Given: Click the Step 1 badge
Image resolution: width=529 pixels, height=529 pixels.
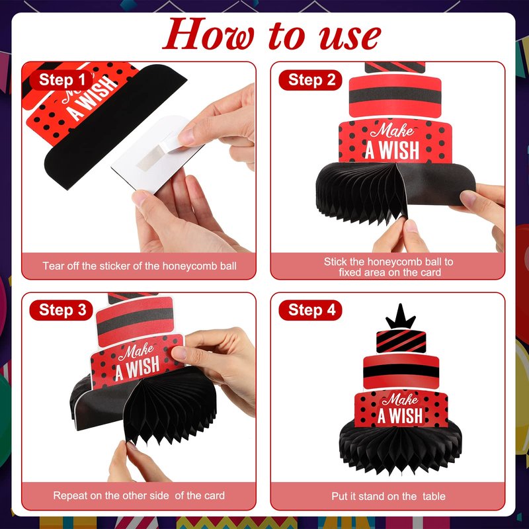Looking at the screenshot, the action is click(61, 80).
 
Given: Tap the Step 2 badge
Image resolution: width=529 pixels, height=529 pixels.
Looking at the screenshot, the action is click(310, 80).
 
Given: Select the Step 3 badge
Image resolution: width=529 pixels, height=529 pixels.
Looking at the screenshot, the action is click(61, 310).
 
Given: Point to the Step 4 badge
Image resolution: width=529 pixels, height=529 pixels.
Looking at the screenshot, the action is click(310, 310).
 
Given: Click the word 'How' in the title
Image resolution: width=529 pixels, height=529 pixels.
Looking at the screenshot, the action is click(208, 34).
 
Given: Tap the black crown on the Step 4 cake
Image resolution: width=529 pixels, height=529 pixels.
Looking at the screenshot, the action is click(401, 317).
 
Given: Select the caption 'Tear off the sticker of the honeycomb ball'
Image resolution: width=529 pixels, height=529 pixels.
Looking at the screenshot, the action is click(140, 266).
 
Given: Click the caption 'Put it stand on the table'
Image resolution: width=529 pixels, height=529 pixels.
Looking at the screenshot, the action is click(388, 497).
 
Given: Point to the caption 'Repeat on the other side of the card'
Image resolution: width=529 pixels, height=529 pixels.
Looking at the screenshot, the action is click(139, 495).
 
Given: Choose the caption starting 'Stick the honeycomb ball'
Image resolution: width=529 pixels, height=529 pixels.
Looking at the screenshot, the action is click(389, 267).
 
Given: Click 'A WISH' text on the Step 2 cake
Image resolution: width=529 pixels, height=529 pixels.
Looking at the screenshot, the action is click(392, 151).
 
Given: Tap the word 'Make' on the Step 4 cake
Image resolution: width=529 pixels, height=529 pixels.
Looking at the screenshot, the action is click(401, 400).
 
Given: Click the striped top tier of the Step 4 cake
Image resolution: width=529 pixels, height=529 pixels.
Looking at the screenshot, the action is click(401, 341).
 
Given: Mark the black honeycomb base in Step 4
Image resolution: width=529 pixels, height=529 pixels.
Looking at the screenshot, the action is click(401, 447).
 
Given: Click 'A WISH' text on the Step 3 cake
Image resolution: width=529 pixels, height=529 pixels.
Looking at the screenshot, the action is click(138, 368).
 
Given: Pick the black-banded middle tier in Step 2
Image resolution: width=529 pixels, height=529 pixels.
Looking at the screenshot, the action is click(395, 96).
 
